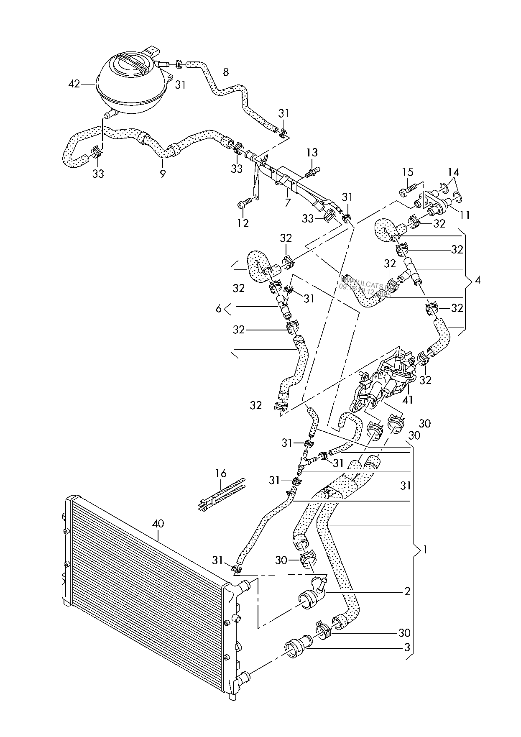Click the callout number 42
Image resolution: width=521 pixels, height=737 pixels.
[x=74, y=84]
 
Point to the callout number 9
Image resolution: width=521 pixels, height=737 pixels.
[x=163, y=173]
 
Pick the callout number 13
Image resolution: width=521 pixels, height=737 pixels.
[x=312, y=152]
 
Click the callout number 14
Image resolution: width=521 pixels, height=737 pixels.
[x=454, y=172]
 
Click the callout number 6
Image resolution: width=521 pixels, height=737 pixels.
[x=218, y=309]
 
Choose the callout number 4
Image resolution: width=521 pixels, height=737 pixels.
[x=477, y=280]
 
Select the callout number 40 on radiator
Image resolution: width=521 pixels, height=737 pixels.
[x=158, y=523]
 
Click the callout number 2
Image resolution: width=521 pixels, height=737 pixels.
[x=407, y=592]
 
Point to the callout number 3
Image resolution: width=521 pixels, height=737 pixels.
[x=407, y=648]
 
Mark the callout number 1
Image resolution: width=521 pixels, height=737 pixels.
[x=425, y=550]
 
